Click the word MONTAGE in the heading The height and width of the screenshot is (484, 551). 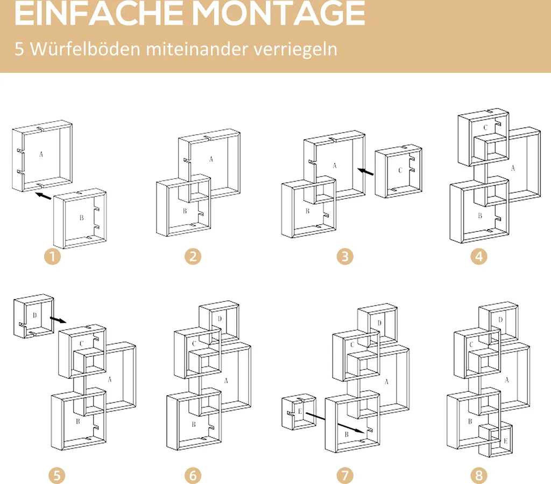[x=278, y=13]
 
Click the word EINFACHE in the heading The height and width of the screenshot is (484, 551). [x=99, y=13]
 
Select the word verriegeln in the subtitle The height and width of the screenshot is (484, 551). [x=295, y=49]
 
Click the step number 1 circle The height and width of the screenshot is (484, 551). [x=52, y=256]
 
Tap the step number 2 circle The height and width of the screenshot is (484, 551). [x=193, y=256]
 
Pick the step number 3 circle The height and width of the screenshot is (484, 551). [x=345, y=256]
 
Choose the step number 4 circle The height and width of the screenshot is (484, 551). [x=479, y=256]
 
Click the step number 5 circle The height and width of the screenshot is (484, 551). [x=57, y=475]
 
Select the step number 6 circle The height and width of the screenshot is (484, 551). [x=193, y=475]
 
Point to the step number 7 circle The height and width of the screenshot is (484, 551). [x=345, y=475]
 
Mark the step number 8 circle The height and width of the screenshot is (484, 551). [x=479, y=475]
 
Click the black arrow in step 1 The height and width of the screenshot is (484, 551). [x=44, y=196]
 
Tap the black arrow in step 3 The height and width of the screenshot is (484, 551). [x=365, y=171]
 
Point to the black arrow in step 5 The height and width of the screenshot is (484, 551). [x=58, y=320]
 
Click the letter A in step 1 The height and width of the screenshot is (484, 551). [x=41, y=154]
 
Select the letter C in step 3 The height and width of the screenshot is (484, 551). [x=400, y=170]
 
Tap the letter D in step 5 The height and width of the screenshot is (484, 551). [x=34, y=315]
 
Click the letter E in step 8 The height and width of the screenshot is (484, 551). [x=505, y=441]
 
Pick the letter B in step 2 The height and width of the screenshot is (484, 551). [x=185, y=211]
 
